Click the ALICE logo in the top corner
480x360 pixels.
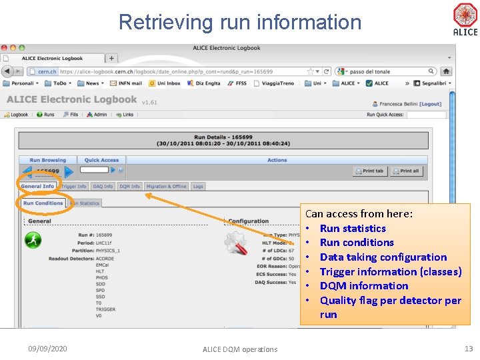pos(465,19)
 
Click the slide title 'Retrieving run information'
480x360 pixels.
pos(240,22)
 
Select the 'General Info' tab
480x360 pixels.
pos(38,187)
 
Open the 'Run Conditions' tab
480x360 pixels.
pos(43,203)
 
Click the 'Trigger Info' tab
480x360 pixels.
pos(74,187)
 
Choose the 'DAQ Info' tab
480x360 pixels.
pos(103,187)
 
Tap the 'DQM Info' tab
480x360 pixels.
pos(130,187)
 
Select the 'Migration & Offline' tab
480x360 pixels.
pos(166,187)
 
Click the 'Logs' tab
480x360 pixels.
pos(198,187)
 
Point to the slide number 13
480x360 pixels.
pos(467,349)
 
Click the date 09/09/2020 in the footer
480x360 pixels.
pos(47,349)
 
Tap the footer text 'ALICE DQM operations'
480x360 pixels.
pos(240,349)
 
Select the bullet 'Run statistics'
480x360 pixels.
pos(353,228)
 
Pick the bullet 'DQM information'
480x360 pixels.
pos(364,286)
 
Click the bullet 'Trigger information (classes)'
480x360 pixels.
pos(391,271)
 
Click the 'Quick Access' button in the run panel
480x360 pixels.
pos(101,160)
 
